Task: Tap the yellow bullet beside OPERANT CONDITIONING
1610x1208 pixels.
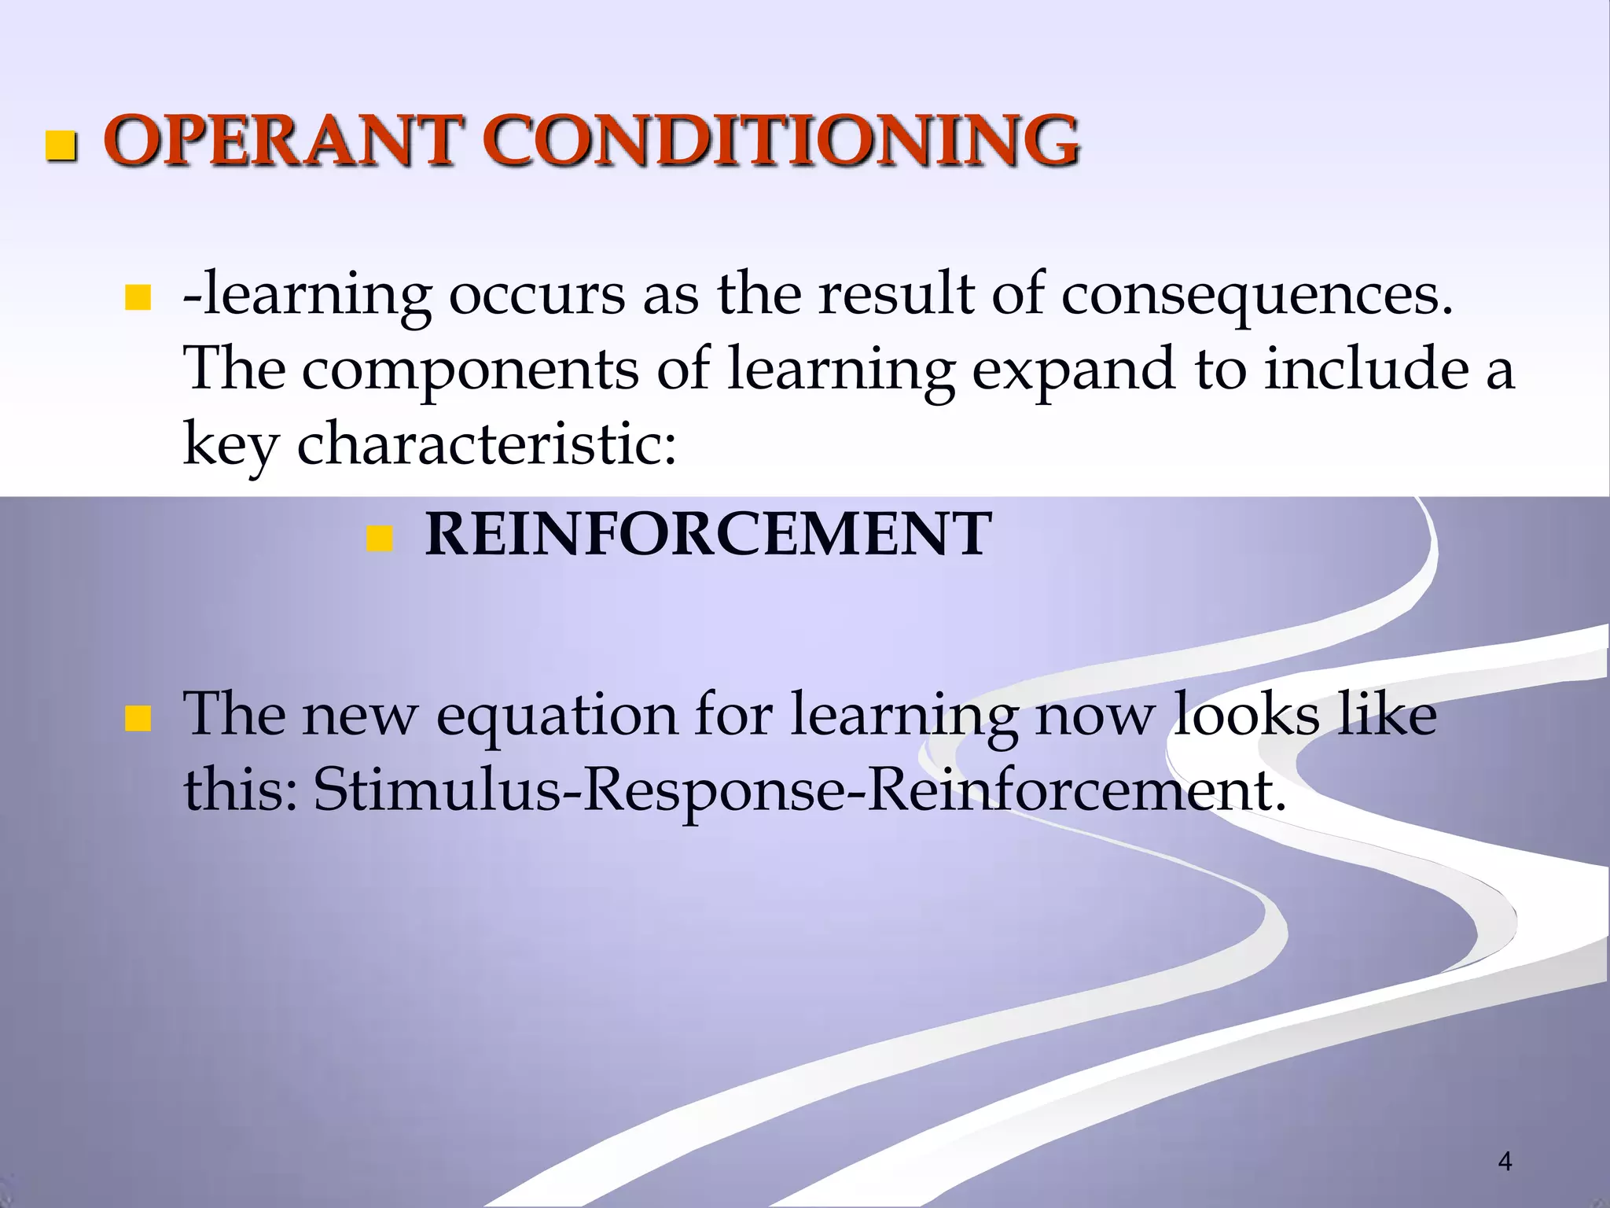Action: (61, 146)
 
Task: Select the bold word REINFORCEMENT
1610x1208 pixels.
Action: (708, 534)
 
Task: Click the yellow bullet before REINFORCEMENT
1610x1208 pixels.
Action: (380, 539)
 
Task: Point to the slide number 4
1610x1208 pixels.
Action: (1505, 1161)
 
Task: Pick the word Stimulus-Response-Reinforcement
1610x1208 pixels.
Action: (799, 790)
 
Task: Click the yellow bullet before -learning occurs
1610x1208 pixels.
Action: (138, 299)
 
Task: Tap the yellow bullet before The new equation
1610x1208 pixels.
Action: (138, 719)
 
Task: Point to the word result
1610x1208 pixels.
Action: (896, 294)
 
